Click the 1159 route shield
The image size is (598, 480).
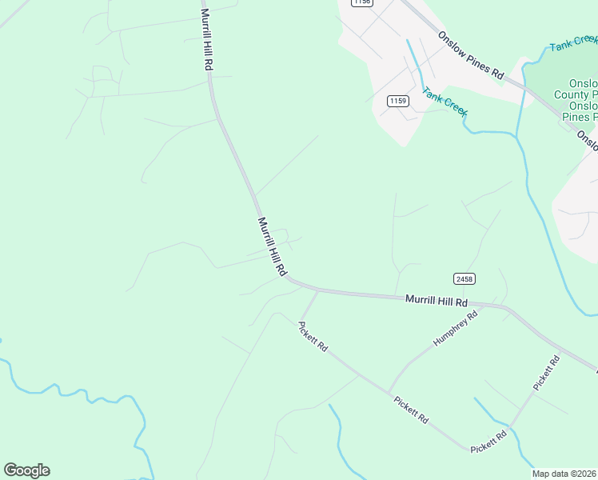398,101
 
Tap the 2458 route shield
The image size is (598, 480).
464,278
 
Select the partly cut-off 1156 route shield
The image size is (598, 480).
361,2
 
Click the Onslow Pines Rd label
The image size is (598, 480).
471,55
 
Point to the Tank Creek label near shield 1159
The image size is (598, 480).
445,102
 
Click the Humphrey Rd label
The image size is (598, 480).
455,328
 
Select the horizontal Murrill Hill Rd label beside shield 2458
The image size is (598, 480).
436,300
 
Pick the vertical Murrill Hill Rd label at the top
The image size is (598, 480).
205,40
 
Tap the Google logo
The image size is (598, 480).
26,470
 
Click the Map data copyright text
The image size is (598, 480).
564,474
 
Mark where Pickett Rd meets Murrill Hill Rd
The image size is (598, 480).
318,291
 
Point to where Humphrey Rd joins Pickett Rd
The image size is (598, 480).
389,392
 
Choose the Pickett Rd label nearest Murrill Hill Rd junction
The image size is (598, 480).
313,338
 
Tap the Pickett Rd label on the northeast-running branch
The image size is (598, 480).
547,373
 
